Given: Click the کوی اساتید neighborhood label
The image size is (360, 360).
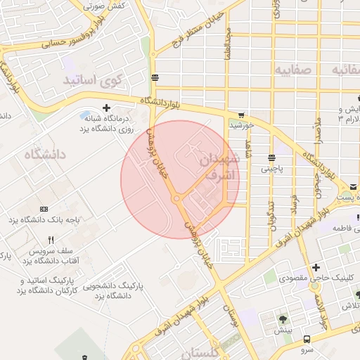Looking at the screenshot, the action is pos(92,79).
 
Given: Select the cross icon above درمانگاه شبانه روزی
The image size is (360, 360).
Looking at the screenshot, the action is pos(106,108).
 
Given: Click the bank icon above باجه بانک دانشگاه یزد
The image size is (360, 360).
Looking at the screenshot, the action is pos(45,210).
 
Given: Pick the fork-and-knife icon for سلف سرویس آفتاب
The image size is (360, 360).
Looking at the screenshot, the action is pos(50,240).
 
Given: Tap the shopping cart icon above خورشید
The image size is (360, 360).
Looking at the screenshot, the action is pos(241,115).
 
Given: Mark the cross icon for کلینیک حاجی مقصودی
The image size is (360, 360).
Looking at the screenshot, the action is pos(317,267).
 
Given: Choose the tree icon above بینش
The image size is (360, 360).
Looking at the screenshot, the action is pos(283,319).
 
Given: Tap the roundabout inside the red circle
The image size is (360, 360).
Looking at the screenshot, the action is pos(176,200).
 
